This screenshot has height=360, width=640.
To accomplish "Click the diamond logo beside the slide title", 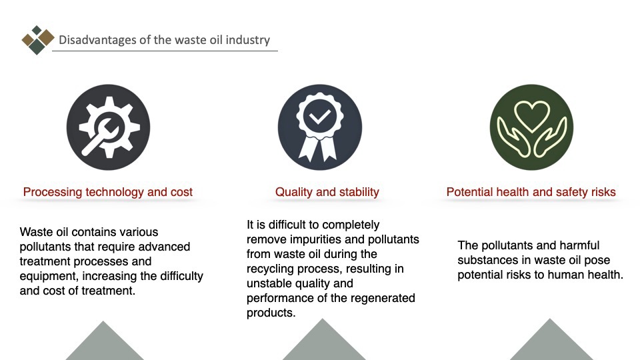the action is [37, 40].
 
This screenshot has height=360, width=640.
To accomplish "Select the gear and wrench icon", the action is [108, 127].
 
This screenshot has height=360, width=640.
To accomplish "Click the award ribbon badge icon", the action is [319, 127].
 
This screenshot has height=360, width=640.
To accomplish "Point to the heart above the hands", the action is [531, 116].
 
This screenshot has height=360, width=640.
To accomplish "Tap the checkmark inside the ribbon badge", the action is [319, 117].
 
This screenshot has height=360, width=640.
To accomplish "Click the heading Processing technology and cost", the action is [108, 192].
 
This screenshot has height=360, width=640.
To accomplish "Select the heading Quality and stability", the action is [327, 192].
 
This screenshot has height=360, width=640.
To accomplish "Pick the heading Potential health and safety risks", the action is [531, 192].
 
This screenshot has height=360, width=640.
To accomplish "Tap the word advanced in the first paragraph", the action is [164, 247].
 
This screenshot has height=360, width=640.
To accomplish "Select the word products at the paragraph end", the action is [271, 313].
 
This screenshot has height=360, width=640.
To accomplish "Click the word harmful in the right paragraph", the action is [579, 245].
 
